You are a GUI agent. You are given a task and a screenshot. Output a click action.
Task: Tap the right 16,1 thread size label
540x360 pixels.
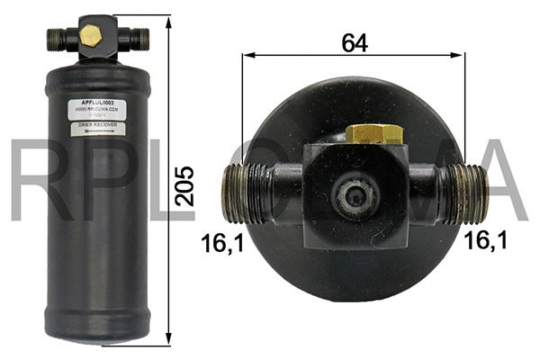pyautogui.click(x=486, y=239)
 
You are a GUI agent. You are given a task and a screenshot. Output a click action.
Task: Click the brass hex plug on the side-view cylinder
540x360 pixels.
pyautogui.click(x=90, y=34)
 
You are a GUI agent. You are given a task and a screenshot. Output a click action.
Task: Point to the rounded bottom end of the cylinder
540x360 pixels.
pyautogui.click(x=94, y=335)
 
